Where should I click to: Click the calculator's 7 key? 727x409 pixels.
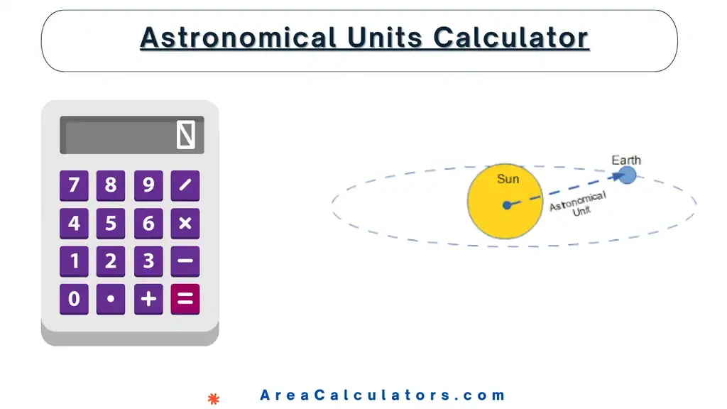(x=74, y=185)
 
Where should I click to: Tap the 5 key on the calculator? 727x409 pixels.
(x=111, y=224)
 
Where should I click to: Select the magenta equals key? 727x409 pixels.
(x=185, y=299)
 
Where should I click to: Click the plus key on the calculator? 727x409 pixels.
(x=148, y=299)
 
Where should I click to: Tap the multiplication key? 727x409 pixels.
(x=185, y=224)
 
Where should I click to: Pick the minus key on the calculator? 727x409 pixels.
(x=185, y=261)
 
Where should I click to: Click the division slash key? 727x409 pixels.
(x=185, y=185)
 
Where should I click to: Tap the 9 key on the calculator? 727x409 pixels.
(x=148, y=185)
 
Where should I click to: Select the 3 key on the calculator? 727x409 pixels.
(x=148, y=261)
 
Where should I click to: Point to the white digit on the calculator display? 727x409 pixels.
(x=185, y=135)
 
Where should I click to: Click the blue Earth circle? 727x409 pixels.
(x=627, y=175)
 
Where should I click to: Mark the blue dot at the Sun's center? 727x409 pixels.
(x=506, y=205)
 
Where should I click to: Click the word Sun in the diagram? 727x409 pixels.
(x=508, y=179)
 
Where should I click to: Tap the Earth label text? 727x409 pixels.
(x=626, y=160)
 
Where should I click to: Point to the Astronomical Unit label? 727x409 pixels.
(x=579, y=204)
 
